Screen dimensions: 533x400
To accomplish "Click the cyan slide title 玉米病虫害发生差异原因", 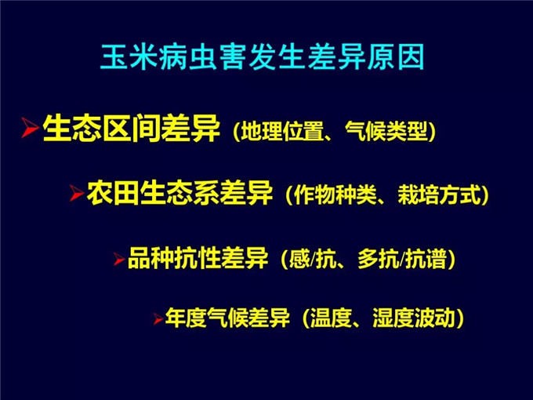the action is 263,56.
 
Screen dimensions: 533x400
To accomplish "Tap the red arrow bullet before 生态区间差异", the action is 30,128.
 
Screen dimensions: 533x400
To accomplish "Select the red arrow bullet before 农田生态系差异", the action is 77,193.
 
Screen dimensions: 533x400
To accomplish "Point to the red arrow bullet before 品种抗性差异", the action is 119,259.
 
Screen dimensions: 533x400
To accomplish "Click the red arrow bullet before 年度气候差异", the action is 158,318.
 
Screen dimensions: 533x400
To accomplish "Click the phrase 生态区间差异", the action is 132,128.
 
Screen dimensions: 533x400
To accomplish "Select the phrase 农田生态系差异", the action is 179,193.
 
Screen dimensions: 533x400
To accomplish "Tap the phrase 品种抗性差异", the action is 198,258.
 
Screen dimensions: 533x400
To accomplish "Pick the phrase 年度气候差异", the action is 227,318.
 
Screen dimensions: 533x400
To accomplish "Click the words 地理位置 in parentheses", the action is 282,131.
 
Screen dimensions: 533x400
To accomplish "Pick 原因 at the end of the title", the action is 396,56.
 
